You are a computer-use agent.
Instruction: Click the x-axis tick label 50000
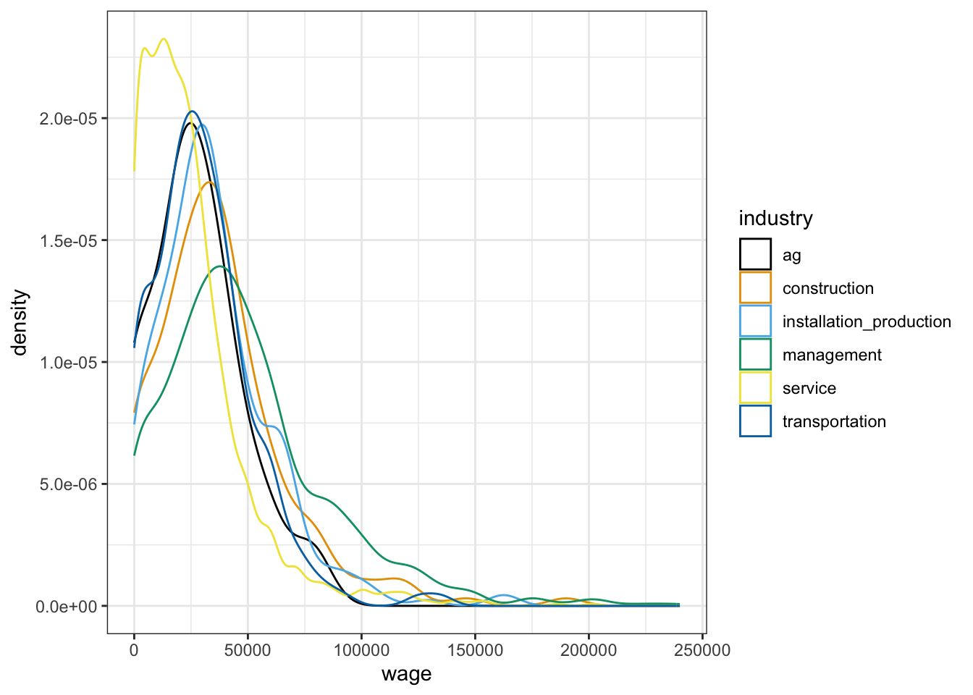(248, 650)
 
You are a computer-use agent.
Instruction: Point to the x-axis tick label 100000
(361, 650)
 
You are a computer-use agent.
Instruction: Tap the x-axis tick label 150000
(475, 650)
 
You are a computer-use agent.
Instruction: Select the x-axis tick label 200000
(589, 650)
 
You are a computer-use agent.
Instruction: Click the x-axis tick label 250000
(702, 650)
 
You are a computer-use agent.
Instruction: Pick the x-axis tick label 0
(134, 650)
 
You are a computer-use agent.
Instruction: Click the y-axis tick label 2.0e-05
(67, 119)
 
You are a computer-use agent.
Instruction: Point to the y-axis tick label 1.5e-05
(67, 240)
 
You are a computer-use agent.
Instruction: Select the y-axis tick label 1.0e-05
(67, 362)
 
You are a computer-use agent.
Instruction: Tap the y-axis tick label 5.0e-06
(67, 484)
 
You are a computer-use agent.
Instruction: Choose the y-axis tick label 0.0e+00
(67, 606)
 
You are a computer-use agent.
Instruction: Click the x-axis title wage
(406, 674)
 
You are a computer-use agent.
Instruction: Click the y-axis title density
(20, 322)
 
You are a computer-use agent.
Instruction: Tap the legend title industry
(775, 219)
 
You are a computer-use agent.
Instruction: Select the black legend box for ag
(755, 255)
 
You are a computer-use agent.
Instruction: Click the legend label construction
(827, 288)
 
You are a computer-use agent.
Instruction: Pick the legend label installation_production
(867, 321)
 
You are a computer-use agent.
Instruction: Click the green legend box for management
(755, 355)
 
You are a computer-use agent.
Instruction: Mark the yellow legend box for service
(755, 388)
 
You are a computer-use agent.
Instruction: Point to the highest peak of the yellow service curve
(164, 39)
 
